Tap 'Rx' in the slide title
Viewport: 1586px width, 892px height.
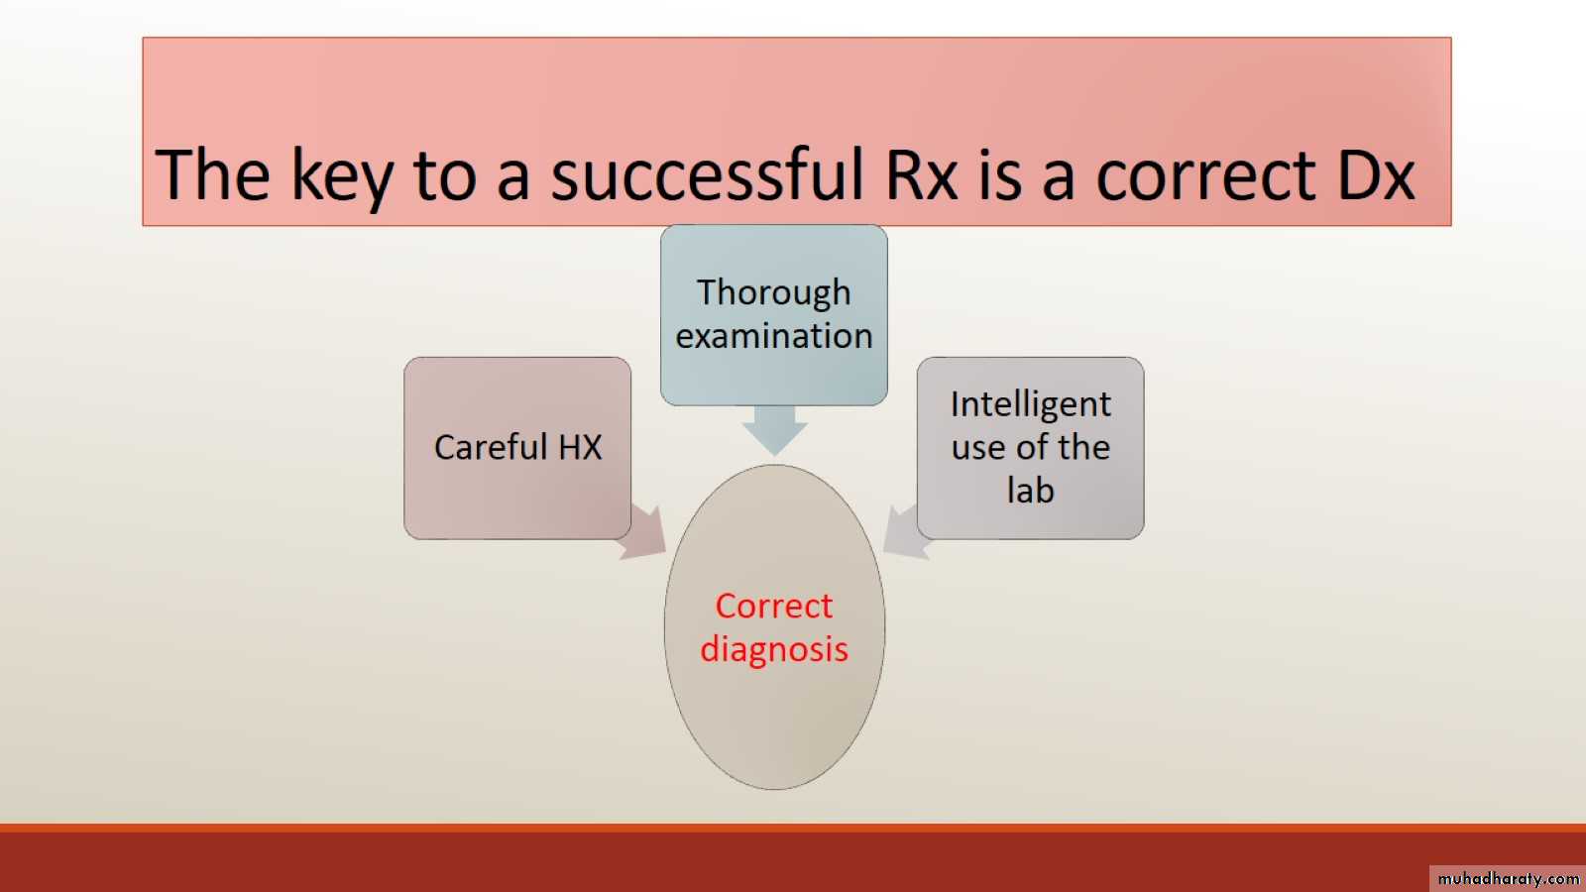[x=921, y=174]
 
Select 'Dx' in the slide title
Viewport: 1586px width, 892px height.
[x=1377, y=174]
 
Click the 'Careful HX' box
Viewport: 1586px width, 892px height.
[x=517, y=448]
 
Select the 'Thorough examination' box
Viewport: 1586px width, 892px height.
[x=774, y=315]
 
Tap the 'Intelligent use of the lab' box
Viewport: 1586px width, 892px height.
[x=1030, y=448]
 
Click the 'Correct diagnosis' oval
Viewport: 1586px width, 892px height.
[x=774, y=626]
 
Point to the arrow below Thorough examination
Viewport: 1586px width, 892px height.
[x=774, y=430]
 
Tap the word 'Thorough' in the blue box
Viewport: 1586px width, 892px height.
[x=774, y=293]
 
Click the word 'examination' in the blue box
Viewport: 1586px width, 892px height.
[x=774, y=336]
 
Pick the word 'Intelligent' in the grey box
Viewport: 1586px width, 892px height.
[x=1031, y=405]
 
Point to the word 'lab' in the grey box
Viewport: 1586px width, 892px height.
[x=1031, y=490]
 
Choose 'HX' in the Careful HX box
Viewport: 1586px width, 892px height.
[x=580, y=447]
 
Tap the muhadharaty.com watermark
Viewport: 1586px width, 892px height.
[x=1508, y=878]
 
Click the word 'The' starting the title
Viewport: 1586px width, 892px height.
[x=212, y=174]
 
